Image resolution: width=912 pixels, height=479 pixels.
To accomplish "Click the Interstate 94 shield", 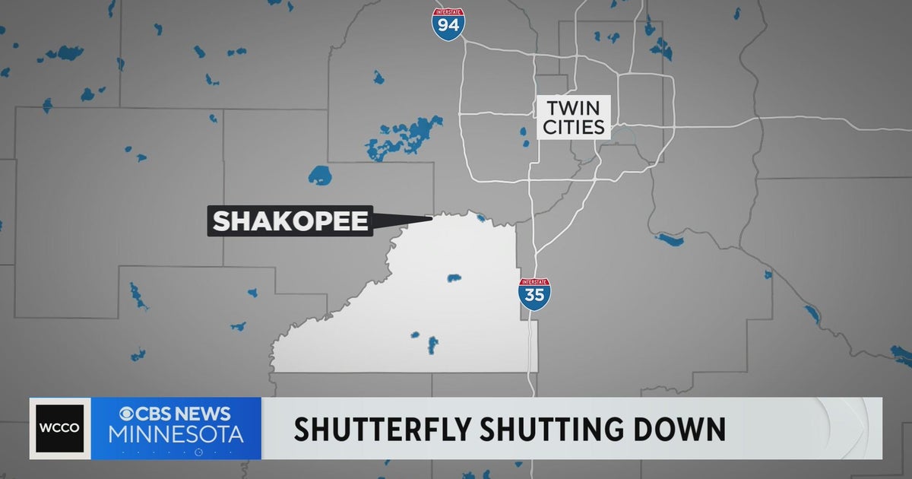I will tap(448, 24).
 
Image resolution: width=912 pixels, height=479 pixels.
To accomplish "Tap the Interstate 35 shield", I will tap(534, 293).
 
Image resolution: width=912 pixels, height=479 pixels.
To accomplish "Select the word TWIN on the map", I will tap(574, 106).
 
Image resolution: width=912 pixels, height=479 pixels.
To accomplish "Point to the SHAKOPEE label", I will tap(290, 221).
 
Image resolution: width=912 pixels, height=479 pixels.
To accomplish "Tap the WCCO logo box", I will tap(60, 428).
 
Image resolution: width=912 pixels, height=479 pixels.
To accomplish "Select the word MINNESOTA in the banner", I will tap(176, 435).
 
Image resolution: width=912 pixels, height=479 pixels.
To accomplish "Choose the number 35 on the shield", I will tap(534, 296).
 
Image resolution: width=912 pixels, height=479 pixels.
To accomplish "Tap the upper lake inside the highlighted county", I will tap(454, 278).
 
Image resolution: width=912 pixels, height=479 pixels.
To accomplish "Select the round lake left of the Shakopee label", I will tap(320, 175).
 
